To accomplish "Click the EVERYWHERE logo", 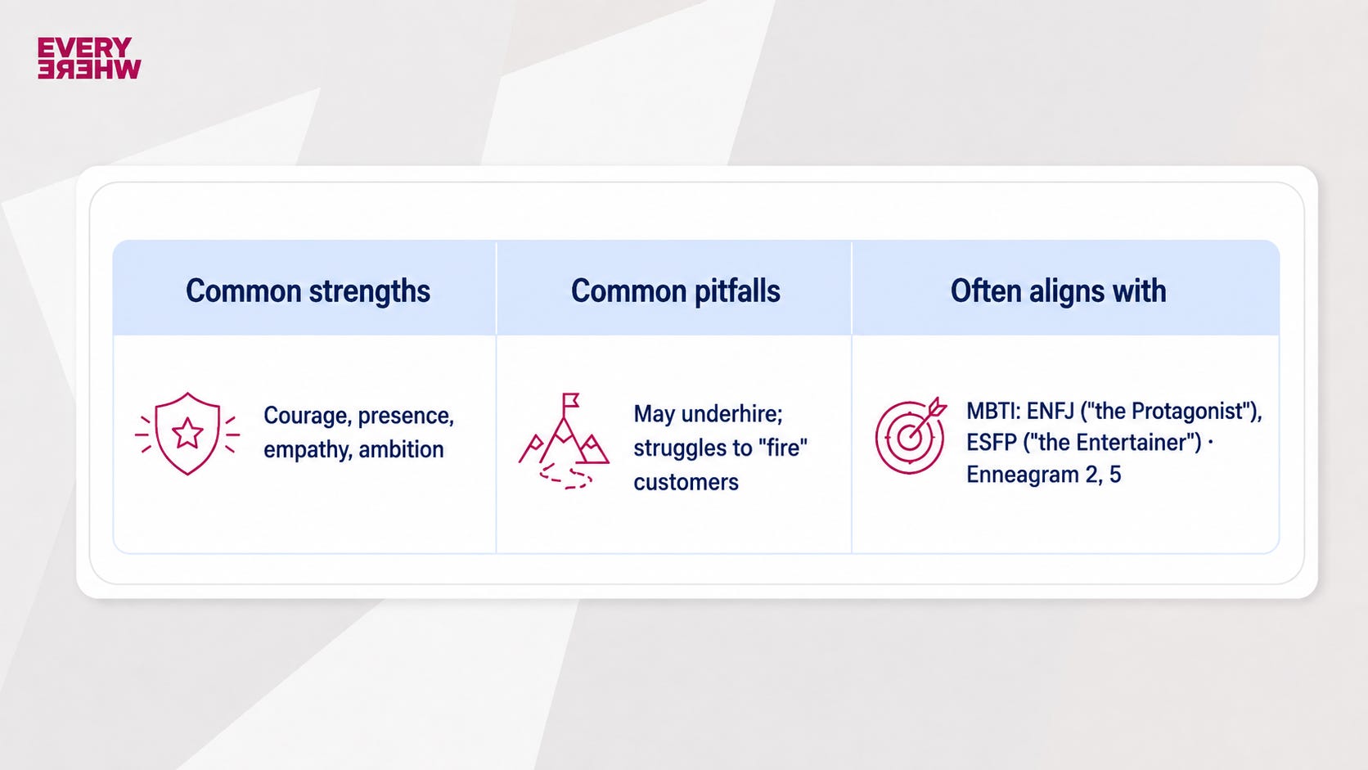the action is (89, 58).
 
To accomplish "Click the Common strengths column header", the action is (308, 290).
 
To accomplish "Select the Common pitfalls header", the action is (676, 290).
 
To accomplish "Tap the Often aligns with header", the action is (1059, 290).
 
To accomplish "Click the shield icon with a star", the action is (187, 434).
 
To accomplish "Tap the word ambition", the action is (401, 450).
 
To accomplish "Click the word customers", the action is (686, 483).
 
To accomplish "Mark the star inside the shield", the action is (187, 433).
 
